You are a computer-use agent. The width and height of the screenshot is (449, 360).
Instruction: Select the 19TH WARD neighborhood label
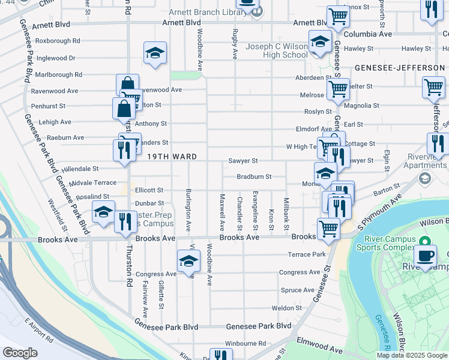(x=172, y=157)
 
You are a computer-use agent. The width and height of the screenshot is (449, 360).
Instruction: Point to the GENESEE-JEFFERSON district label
(x=399, y=68)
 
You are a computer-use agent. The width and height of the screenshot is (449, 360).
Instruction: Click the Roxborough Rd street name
(x=58, y=41)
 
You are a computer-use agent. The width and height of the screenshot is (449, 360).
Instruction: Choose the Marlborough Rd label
(x=58, y=75)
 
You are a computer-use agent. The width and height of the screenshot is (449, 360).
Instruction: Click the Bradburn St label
(x=254, y=177)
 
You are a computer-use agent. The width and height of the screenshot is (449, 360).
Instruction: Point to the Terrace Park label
(x=307, y=254)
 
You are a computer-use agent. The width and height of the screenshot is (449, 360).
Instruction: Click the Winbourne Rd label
(x=246, y=343)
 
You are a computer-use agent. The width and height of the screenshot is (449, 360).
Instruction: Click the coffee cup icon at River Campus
(x=426, y=254)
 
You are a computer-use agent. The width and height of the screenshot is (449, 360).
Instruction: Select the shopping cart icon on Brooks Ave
(x=328, y=227)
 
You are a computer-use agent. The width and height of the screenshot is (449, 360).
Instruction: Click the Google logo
(x=20, y=353)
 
